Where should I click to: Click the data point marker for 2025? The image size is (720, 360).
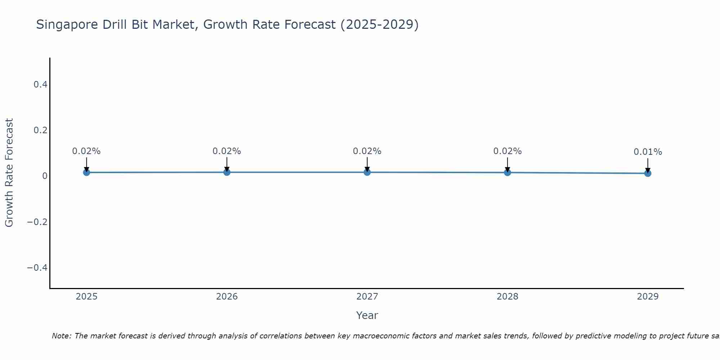click(86, 172)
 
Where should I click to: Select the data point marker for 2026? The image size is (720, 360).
click(227, 172)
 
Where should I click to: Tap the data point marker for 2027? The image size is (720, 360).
click(367, 172)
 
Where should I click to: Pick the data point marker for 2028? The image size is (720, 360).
click(507, 172)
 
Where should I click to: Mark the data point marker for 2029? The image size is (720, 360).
click(648, 173)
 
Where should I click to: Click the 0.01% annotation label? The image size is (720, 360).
click(648, 152)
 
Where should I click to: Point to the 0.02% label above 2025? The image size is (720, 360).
click(86, 151)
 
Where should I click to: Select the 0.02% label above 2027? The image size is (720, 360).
click(367, 151)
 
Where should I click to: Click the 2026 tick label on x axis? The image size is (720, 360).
click(227, 297)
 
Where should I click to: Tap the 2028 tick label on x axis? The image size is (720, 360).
click(507, 297)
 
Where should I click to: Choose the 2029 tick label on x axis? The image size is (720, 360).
click(648, 297)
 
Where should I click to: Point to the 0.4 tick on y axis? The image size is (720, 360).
click(40, 85)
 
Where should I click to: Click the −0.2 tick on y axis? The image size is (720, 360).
click(37, 222)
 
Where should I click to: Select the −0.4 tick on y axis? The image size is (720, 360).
click(37, 267)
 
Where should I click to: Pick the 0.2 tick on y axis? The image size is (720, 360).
click(40, 130)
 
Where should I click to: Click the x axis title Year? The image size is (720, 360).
click(367, 315)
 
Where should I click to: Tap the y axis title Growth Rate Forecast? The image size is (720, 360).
click(9, 173)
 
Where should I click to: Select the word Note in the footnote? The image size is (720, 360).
click(62, 336)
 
